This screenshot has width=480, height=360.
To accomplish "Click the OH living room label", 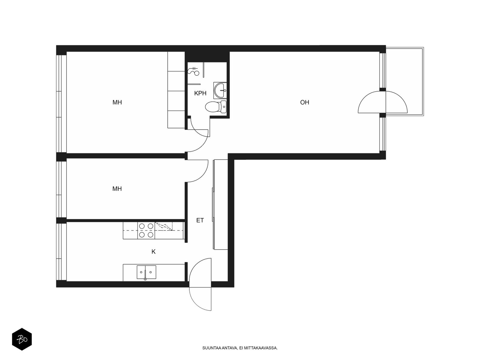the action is point(304,102).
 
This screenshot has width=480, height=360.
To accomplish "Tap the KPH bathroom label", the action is point(200,93).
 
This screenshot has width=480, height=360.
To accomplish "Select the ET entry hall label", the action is point(200,220).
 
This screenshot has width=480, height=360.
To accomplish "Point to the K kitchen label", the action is point(154,252).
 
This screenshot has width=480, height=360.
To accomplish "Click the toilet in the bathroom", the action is point(216,107).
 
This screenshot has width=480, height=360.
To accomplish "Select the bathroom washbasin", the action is point(220,90).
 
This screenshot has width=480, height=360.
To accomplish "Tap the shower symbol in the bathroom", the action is point(193,71).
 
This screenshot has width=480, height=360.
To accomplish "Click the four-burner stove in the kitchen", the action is point(146,230).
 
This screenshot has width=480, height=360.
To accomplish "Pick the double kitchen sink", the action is point(146,272).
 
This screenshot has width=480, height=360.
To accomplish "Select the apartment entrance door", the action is point(200,284).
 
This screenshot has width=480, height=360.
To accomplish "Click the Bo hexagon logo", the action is point(22,339).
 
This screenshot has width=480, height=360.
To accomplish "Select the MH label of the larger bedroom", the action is point(117,102).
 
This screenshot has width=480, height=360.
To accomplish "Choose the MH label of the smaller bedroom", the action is point(117,189).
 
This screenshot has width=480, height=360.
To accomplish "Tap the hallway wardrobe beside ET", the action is point(220,204).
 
